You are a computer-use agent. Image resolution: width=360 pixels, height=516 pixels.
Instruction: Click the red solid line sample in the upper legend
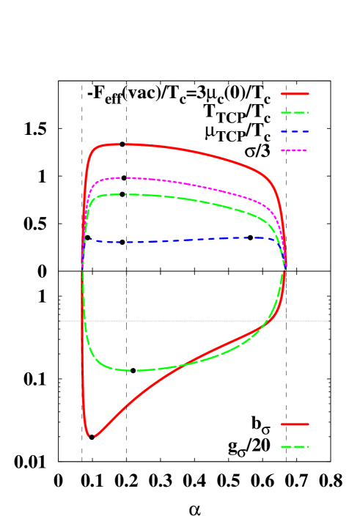coord(295,94)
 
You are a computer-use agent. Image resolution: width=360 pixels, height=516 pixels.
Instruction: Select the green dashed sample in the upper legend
coord(295,113)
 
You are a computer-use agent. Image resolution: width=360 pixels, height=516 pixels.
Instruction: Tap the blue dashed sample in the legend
coord(295,132)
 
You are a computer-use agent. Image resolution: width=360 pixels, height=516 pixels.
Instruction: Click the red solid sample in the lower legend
coord(295,424)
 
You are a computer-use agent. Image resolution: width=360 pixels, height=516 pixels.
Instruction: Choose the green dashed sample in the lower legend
coord(295,446)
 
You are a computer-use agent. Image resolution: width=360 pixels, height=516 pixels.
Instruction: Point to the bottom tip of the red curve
coord(92,437)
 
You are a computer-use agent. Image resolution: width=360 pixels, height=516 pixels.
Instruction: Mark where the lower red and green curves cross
coord(182,364)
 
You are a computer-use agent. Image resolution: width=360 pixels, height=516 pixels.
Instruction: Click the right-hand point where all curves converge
coord(285,268)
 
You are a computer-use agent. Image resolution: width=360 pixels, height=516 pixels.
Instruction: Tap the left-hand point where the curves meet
coord(81,268)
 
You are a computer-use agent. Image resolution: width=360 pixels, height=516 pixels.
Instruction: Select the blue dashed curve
coord(183,240)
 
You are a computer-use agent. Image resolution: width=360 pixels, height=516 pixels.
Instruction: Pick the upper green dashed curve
coord(183,199)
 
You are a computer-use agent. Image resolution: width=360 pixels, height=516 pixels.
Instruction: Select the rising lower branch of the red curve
coord(147,388)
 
